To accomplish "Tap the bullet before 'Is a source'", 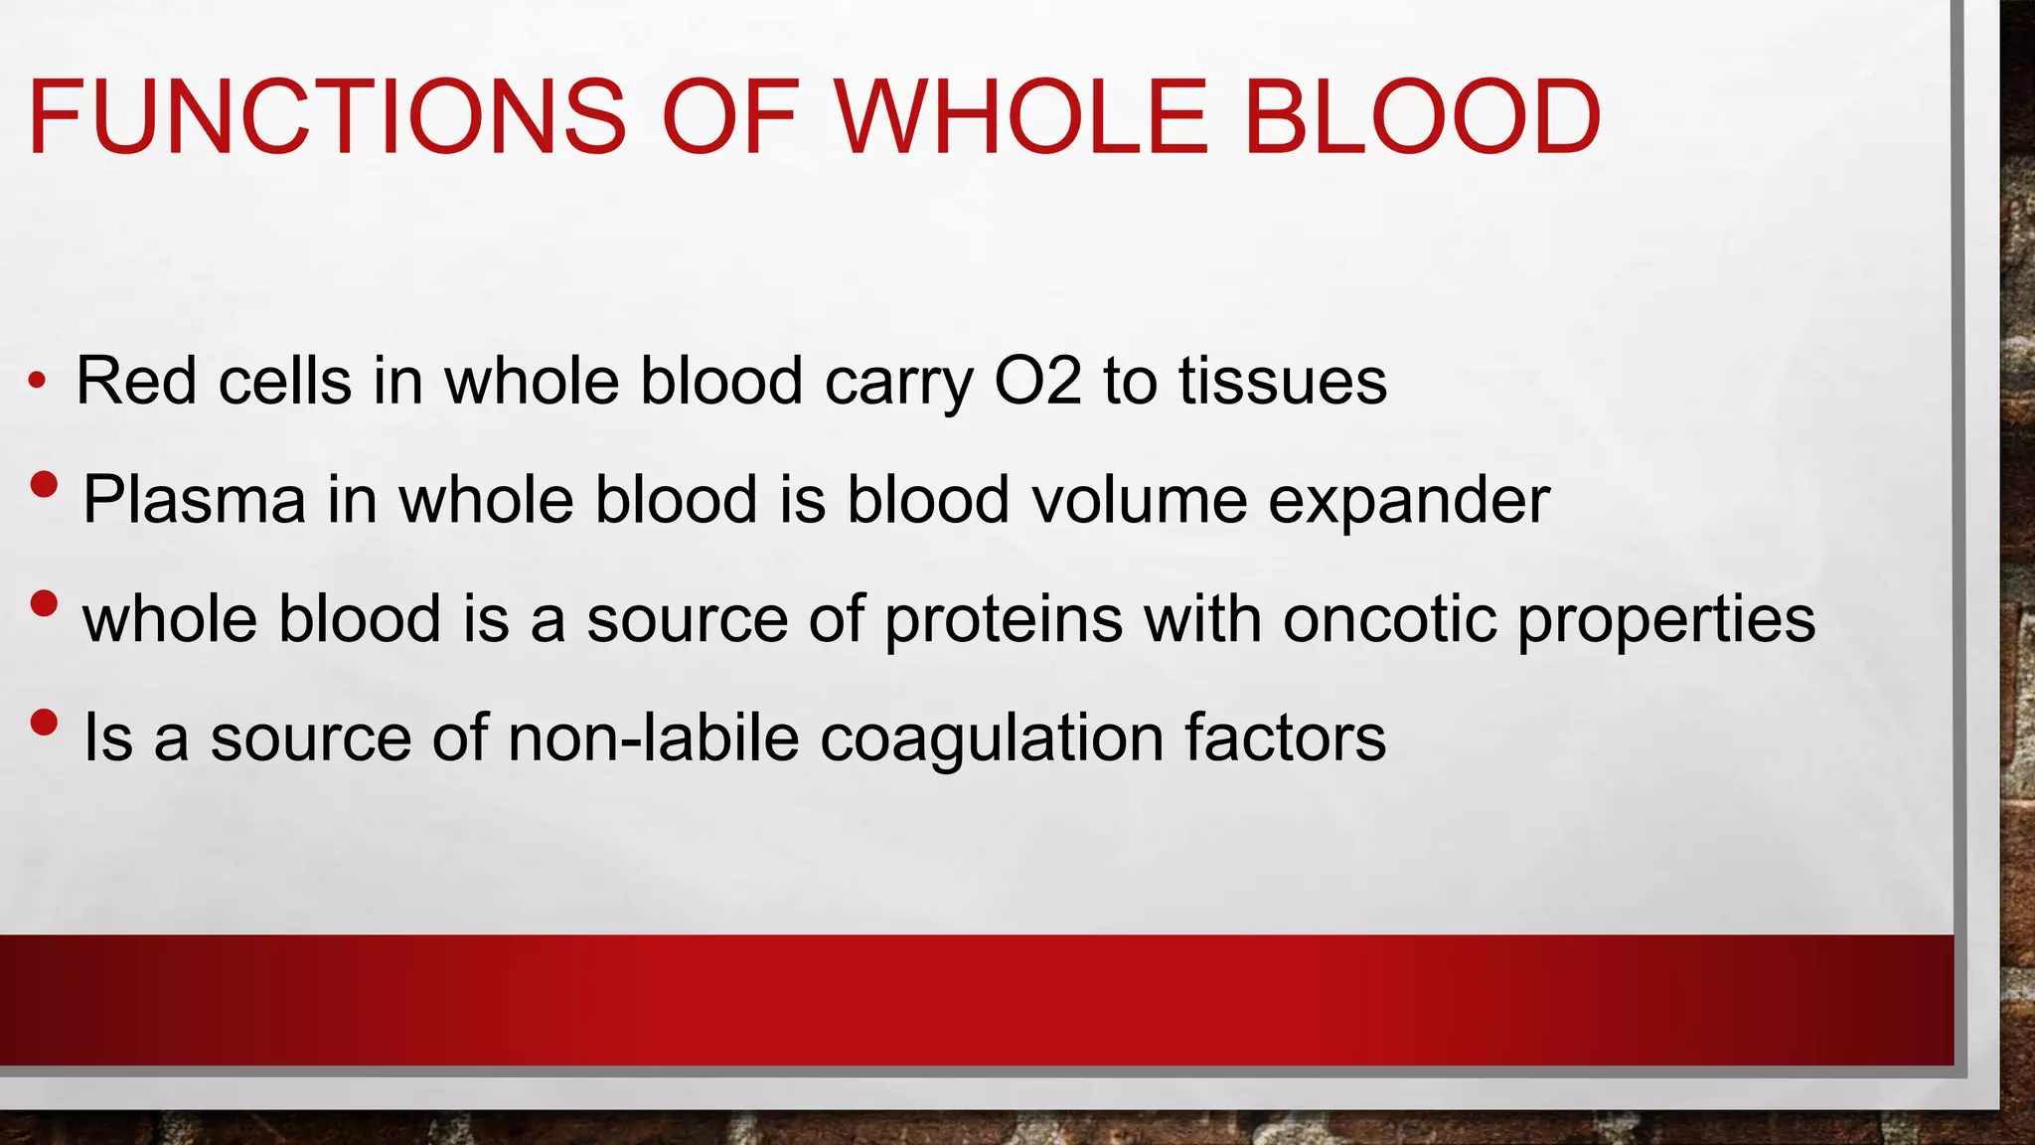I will (x=44, y=723).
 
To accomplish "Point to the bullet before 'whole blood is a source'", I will (x=44, y=603).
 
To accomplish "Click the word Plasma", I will (x=194, y=499).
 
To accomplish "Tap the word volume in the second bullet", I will (x=1139, y=499).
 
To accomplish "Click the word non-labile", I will (x=653, y=737).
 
